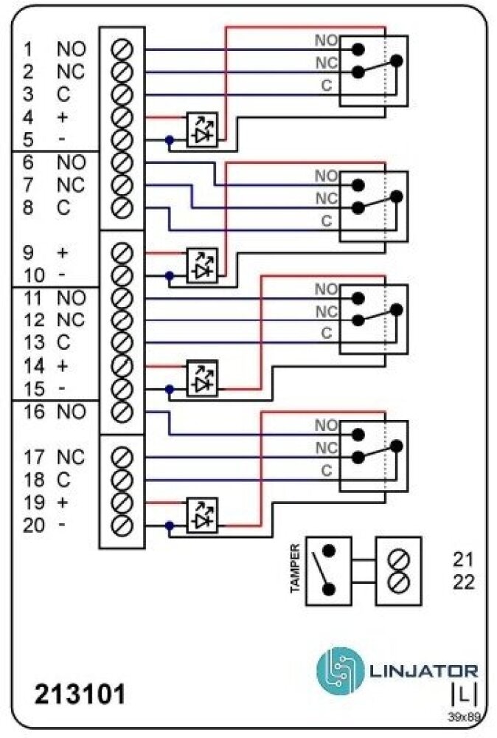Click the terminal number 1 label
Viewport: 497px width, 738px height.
tap(28, 50)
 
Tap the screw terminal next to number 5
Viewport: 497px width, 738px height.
tap(122, 140)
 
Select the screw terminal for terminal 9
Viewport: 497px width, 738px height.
tap(122, 253)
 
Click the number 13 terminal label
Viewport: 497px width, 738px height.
tap(32, 343)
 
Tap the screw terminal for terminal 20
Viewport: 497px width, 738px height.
tap(122, 525)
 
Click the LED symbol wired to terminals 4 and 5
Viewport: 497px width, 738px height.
tap(202, 128)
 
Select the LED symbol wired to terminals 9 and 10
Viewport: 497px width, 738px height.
tap(202, 264)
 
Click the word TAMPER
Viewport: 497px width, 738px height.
tap(295, 569)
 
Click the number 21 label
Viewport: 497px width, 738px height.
tap(464, 559)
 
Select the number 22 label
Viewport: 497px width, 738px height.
tap(464, 582)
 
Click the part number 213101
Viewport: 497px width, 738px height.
tap(80, 694)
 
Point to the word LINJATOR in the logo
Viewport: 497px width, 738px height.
tap(423, 671)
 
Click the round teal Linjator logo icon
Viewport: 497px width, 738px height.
tap(340, 669)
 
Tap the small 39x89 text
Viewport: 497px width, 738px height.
tap(464, 715)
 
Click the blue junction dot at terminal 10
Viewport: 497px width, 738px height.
tap(170, 276)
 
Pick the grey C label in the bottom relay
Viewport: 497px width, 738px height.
tap(326, 470)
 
